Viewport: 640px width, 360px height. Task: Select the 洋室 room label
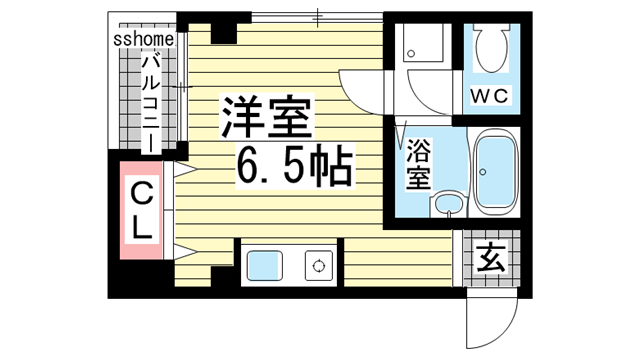click(268, 118)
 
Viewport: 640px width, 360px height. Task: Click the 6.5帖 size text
click(295, 167)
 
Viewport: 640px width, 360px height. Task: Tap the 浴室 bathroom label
click(418, 166)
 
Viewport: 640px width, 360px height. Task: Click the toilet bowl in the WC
click(491, 48)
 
